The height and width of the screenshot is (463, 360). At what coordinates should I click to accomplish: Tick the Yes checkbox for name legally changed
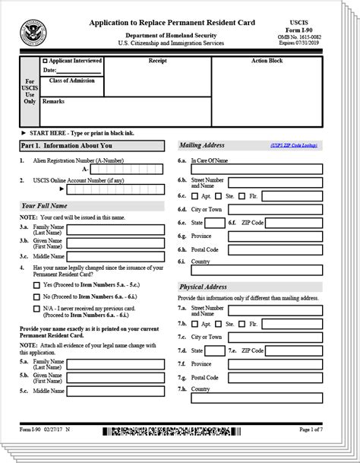point(36,284)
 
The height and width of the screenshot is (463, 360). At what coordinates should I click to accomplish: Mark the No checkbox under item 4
point(36,297)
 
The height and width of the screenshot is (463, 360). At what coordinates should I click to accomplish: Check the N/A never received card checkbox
point(36,309)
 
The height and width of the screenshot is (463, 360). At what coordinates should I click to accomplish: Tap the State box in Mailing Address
point(215,223)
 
